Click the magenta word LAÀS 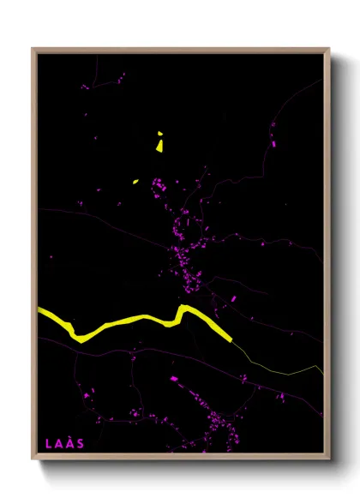pos(64,443)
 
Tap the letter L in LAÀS pos(49,443)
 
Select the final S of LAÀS pos(81,443)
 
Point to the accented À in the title pos(70,443)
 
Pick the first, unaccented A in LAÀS pos(59,443)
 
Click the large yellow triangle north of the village pos(159,146)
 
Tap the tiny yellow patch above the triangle pos(159,133)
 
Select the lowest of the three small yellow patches pos(135,182)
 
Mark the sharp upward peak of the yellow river pos(182,307)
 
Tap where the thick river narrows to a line pos(231,340)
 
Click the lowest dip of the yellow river pos(78,337)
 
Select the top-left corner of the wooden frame pos(33,49)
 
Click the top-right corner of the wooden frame pos(329,49)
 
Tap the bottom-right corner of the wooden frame pos(329,461)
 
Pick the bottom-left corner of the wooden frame pos(33,461)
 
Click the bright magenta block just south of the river pos(174,378)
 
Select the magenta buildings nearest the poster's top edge pos(120,77)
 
